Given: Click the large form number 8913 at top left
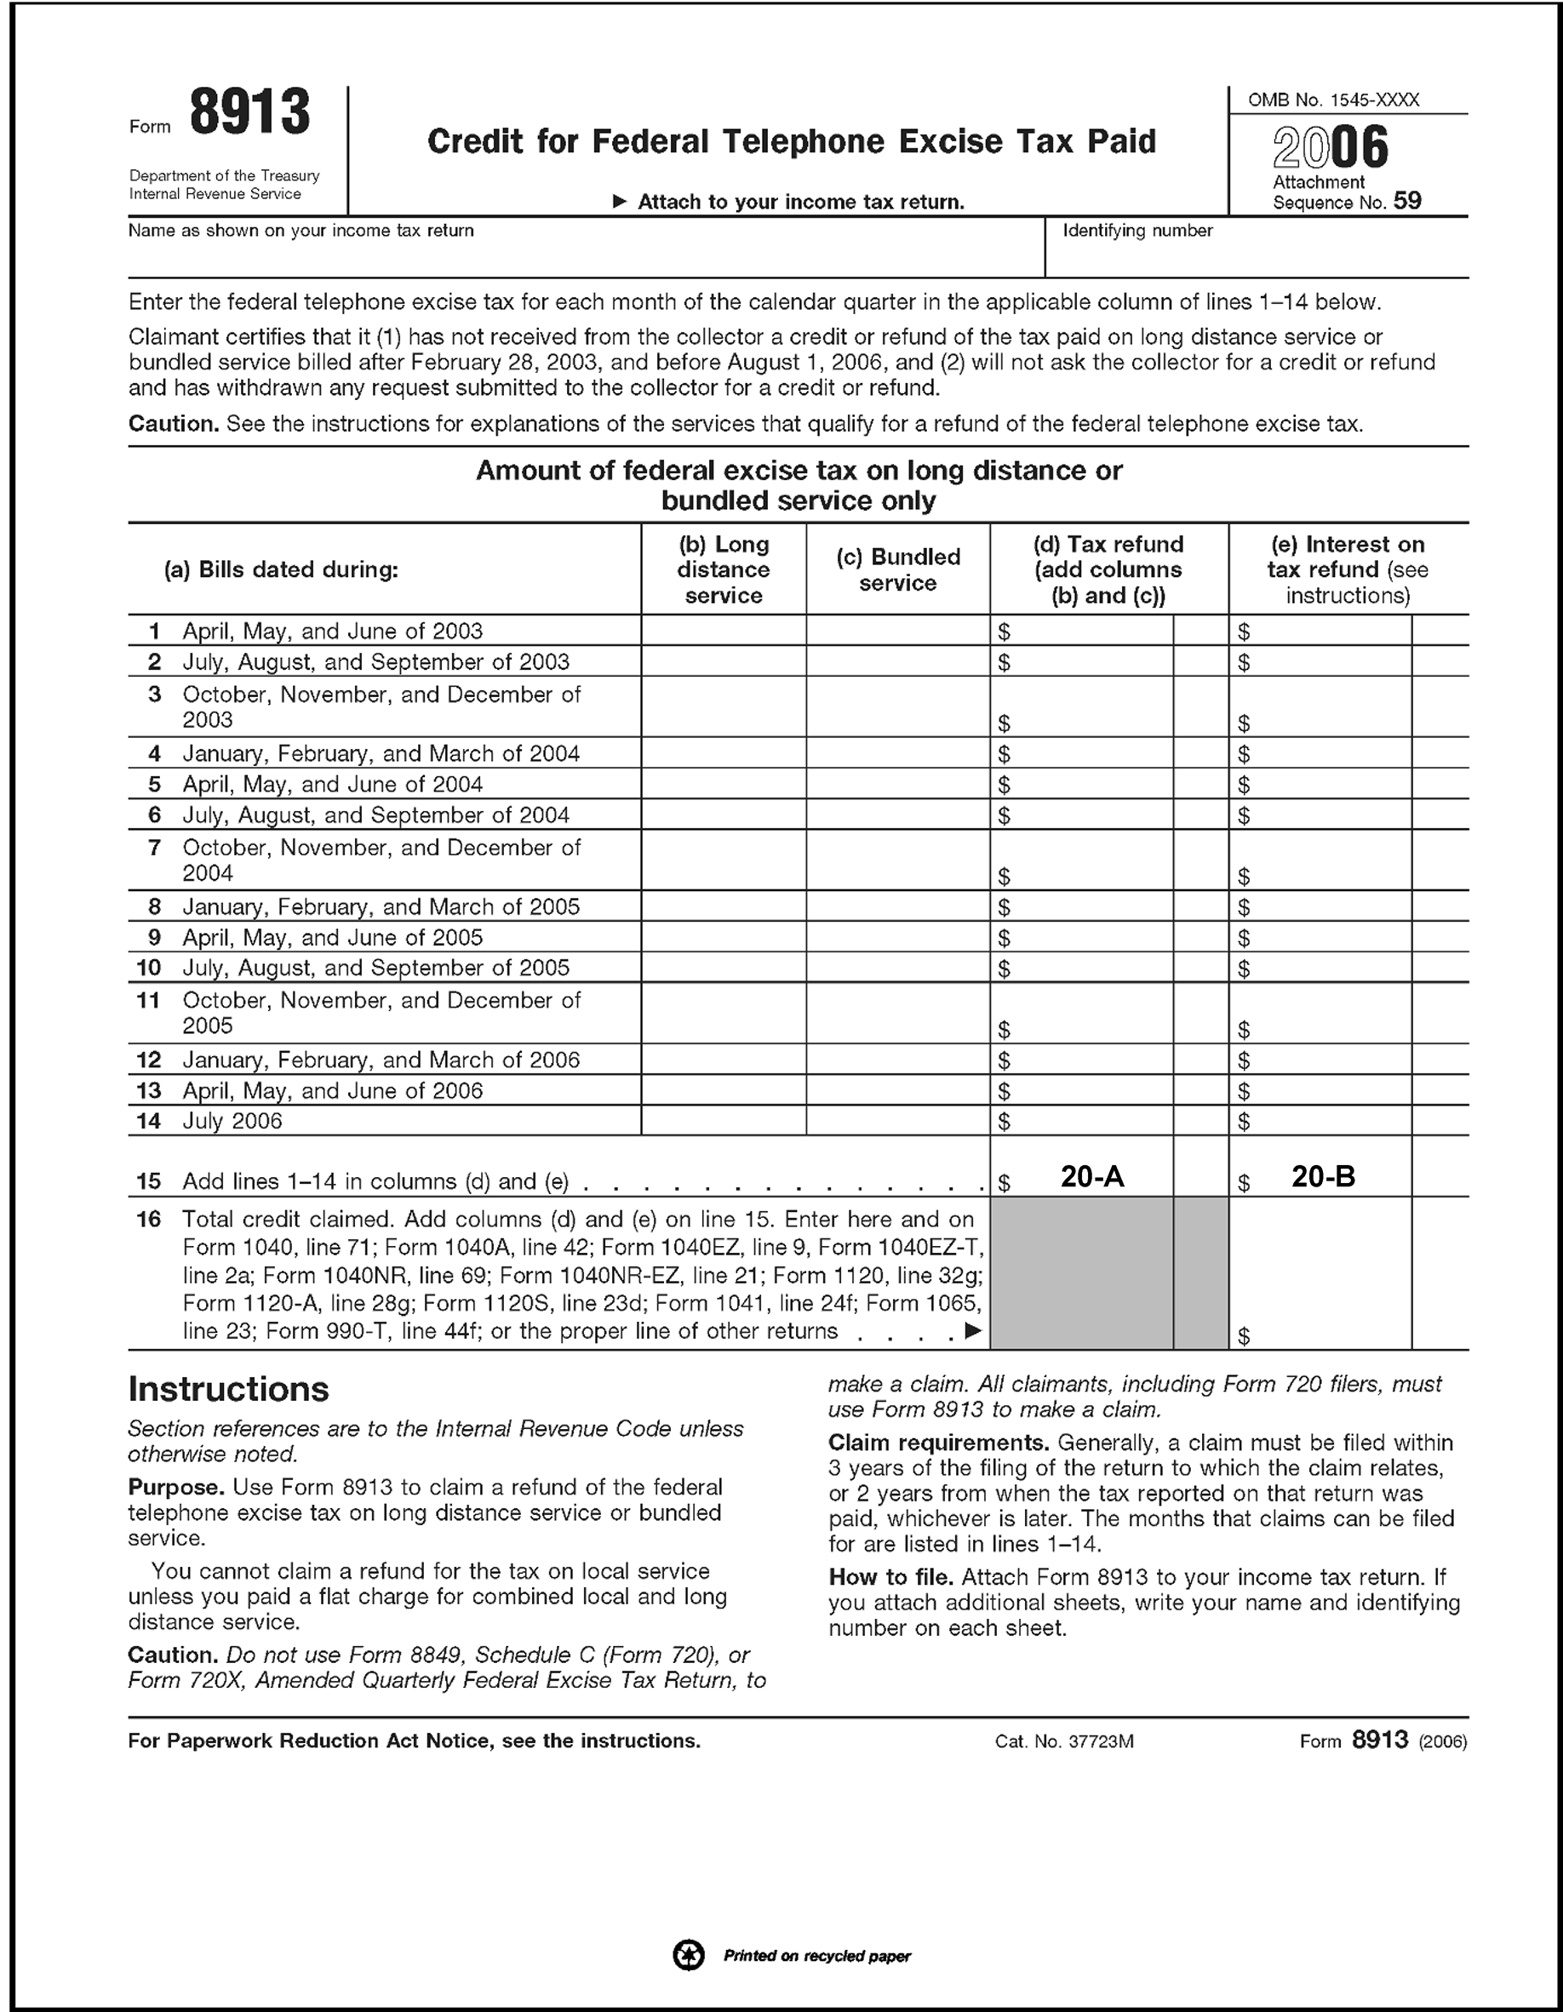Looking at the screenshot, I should tap(249, 113).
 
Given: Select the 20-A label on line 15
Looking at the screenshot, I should tap(1092, 1176).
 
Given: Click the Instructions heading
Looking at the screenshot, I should tap(228, 1389).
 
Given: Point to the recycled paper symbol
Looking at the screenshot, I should tap(689, 1955).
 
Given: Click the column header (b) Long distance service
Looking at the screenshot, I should tap(724, 569).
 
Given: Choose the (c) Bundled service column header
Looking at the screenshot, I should tap(897, 569).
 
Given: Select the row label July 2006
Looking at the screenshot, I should tap(232, 1121).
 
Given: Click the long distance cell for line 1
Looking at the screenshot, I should tap(724, 631).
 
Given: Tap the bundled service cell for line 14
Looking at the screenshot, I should tap(897, 1121).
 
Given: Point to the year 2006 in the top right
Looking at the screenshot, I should tap(1330, 147).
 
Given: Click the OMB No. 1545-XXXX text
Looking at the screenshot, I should tap(1332, 100).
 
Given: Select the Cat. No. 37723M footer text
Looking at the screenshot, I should tap(1064, 1742).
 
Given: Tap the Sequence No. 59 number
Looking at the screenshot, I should tap(1407, 201).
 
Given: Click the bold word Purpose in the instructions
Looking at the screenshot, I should tap(176, 1487).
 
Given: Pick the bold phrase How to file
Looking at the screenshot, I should tap(890, 1577).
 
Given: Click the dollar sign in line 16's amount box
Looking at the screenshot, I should tap(1244, 1336).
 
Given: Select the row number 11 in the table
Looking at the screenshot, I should tap(148, 1001).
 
